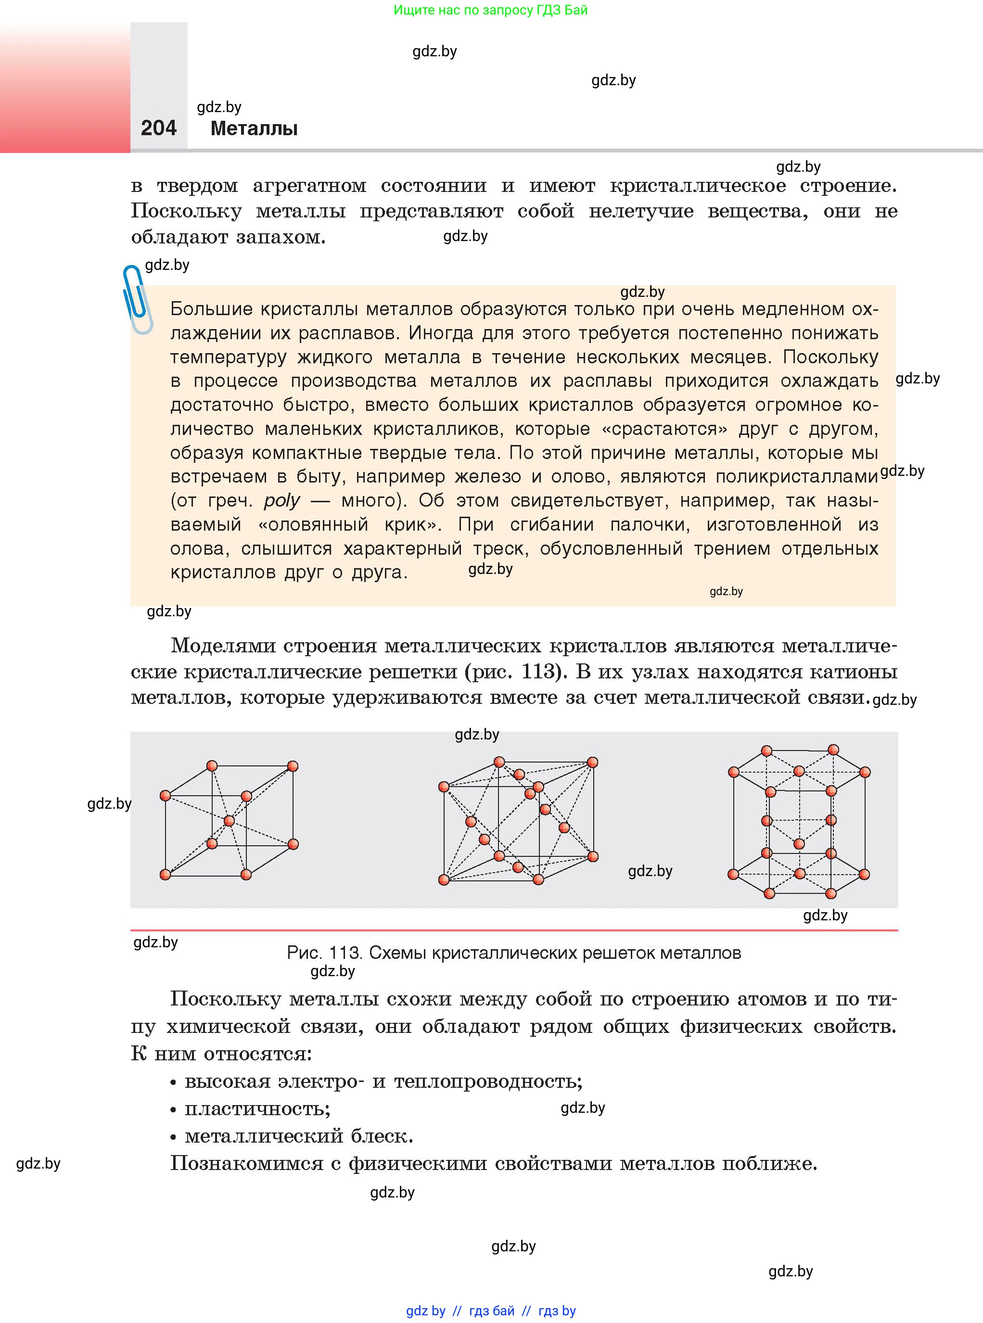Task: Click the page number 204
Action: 158,128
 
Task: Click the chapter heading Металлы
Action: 254,128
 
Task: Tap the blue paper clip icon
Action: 137,299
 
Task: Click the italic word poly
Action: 281,500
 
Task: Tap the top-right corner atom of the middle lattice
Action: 592,763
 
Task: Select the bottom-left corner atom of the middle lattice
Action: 443,880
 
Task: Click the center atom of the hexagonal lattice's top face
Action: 799,772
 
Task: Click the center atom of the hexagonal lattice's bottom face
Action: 799,874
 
